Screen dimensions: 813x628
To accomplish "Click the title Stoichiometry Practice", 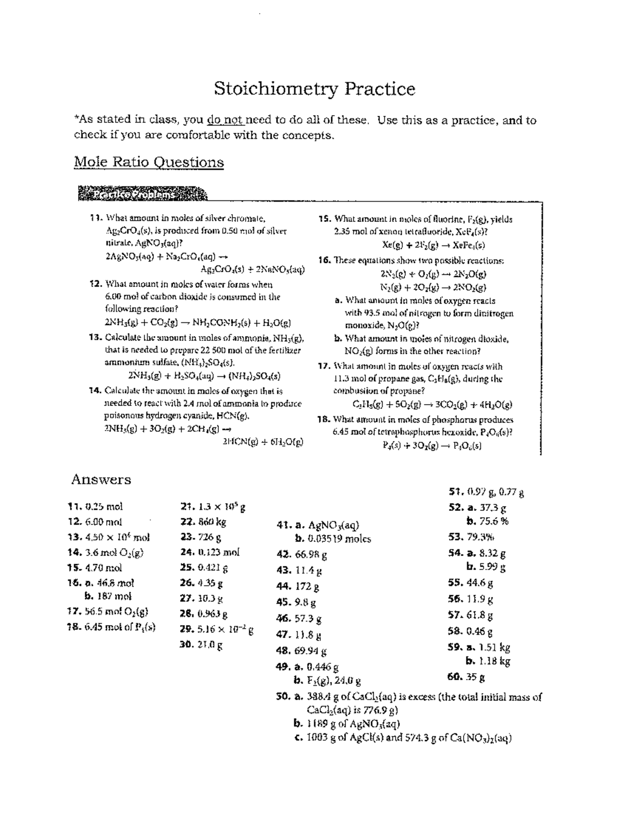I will tap(315, 89).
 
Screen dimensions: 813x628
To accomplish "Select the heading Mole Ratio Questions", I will tap(149, 162).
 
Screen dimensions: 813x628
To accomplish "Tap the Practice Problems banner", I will tap(142, 195).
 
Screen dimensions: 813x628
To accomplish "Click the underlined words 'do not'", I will tap(226, 120).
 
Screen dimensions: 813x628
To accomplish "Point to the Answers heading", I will tap(101, 480).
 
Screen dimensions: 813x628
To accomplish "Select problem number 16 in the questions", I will tap(324, 260).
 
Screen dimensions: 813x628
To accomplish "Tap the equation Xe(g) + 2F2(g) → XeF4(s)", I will tap(434, 245).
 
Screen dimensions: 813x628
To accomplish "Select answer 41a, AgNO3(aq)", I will tap(326, 525).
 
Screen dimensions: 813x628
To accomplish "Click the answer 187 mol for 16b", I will tap(108, 596).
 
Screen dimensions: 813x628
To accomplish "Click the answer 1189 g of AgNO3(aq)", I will tap(347, 724).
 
